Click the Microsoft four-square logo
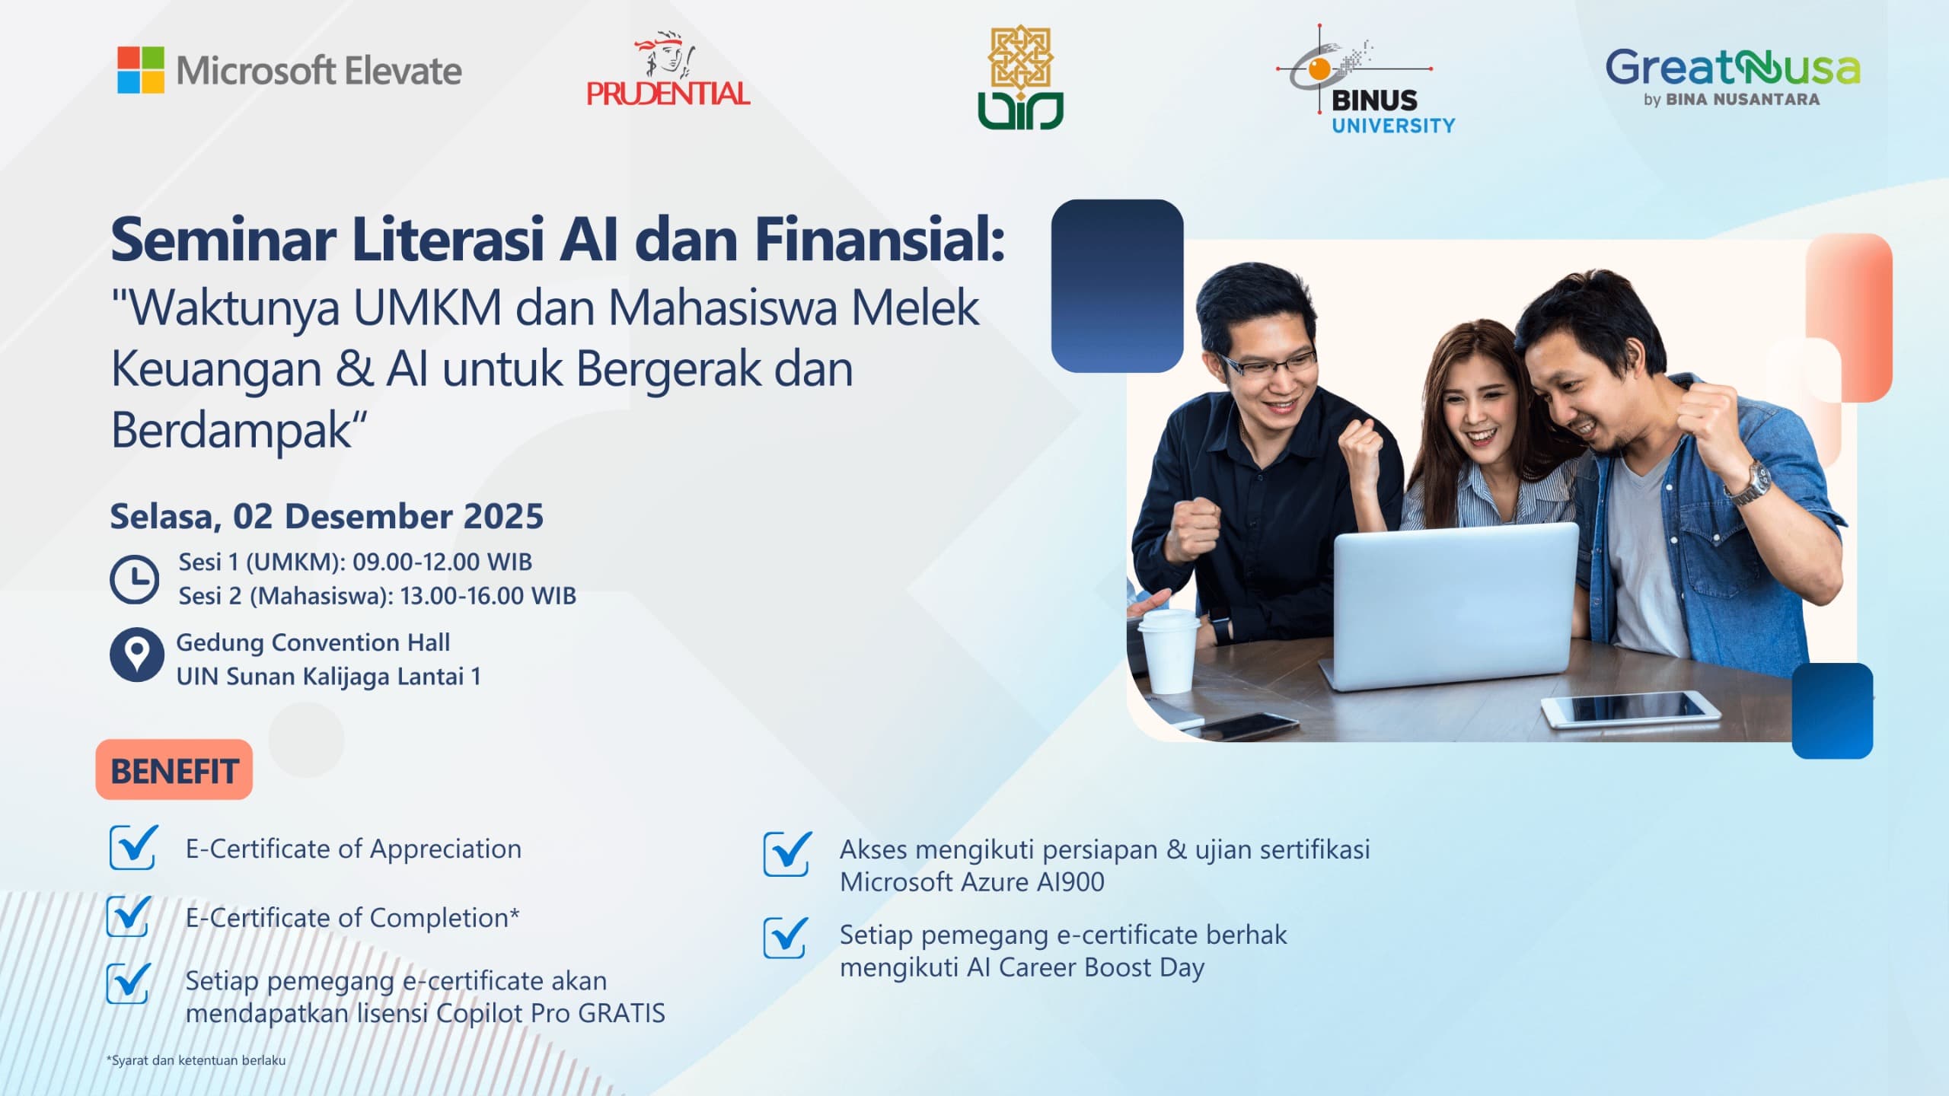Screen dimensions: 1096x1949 [141, 70]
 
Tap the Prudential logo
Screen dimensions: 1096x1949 [668, 70]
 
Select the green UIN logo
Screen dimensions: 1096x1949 [1020, 78]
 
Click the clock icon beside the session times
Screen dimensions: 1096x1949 [135, 579]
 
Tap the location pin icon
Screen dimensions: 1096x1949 [136, 655]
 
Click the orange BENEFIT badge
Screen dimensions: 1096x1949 [174, 770]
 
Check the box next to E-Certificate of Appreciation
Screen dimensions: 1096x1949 [132, 848]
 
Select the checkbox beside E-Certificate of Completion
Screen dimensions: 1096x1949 [129, 916]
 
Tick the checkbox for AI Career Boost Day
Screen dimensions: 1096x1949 [786, 938]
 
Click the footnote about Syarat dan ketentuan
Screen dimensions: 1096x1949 [196, 1060]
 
